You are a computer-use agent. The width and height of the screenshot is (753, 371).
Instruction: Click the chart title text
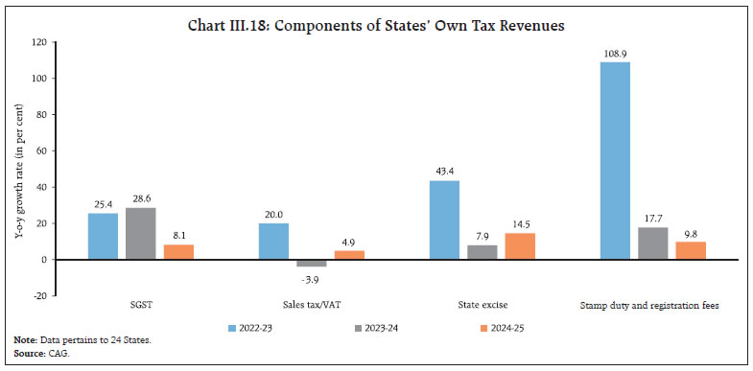[x=376, y=23]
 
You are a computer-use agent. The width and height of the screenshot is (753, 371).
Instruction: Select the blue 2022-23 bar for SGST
[x=103, y=236]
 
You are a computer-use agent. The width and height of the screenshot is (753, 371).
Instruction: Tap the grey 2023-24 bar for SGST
[x=140, y=233]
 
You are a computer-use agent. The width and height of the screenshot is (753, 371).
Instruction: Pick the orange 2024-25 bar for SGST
[x=177, y=252]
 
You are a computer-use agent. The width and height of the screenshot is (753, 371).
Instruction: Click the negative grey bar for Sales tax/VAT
[x=311, y=263]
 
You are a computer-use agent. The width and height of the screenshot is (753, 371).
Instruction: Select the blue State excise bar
[x=444, y=220]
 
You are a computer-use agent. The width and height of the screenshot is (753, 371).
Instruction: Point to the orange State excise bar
[x=519, y=246]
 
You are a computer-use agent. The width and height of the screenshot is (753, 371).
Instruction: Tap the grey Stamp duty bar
[x=652, y=243]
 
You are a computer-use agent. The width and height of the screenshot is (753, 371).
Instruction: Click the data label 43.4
[x=444, y=173]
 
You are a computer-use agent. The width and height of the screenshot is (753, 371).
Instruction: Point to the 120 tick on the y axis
[x=38, y=42]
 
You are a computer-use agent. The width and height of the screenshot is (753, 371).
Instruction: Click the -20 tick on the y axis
[x=38, y=296]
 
